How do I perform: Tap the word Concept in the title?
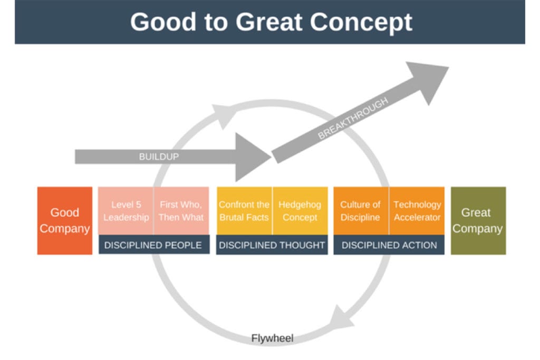(x=361, y=22)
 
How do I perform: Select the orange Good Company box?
(x=64, y=220)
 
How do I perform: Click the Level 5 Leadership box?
(x=126, y=211)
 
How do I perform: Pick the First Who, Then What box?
(x=181, y=211)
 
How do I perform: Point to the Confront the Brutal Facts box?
(x=244, y=211)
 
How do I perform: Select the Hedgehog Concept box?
(x=300, y=211)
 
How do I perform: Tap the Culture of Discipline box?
(x=361, y=211)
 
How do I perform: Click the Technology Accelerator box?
(x=417, y=211)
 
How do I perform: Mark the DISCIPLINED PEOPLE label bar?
(x=153, y=245)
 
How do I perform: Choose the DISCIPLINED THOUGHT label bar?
(x=272, y=245)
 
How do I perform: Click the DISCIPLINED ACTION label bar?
(x=389, y=245)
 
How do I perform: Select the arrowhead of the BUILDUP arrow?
(x=252, y=157)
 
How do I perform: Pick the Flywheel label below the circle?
(x=272, y=338)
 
